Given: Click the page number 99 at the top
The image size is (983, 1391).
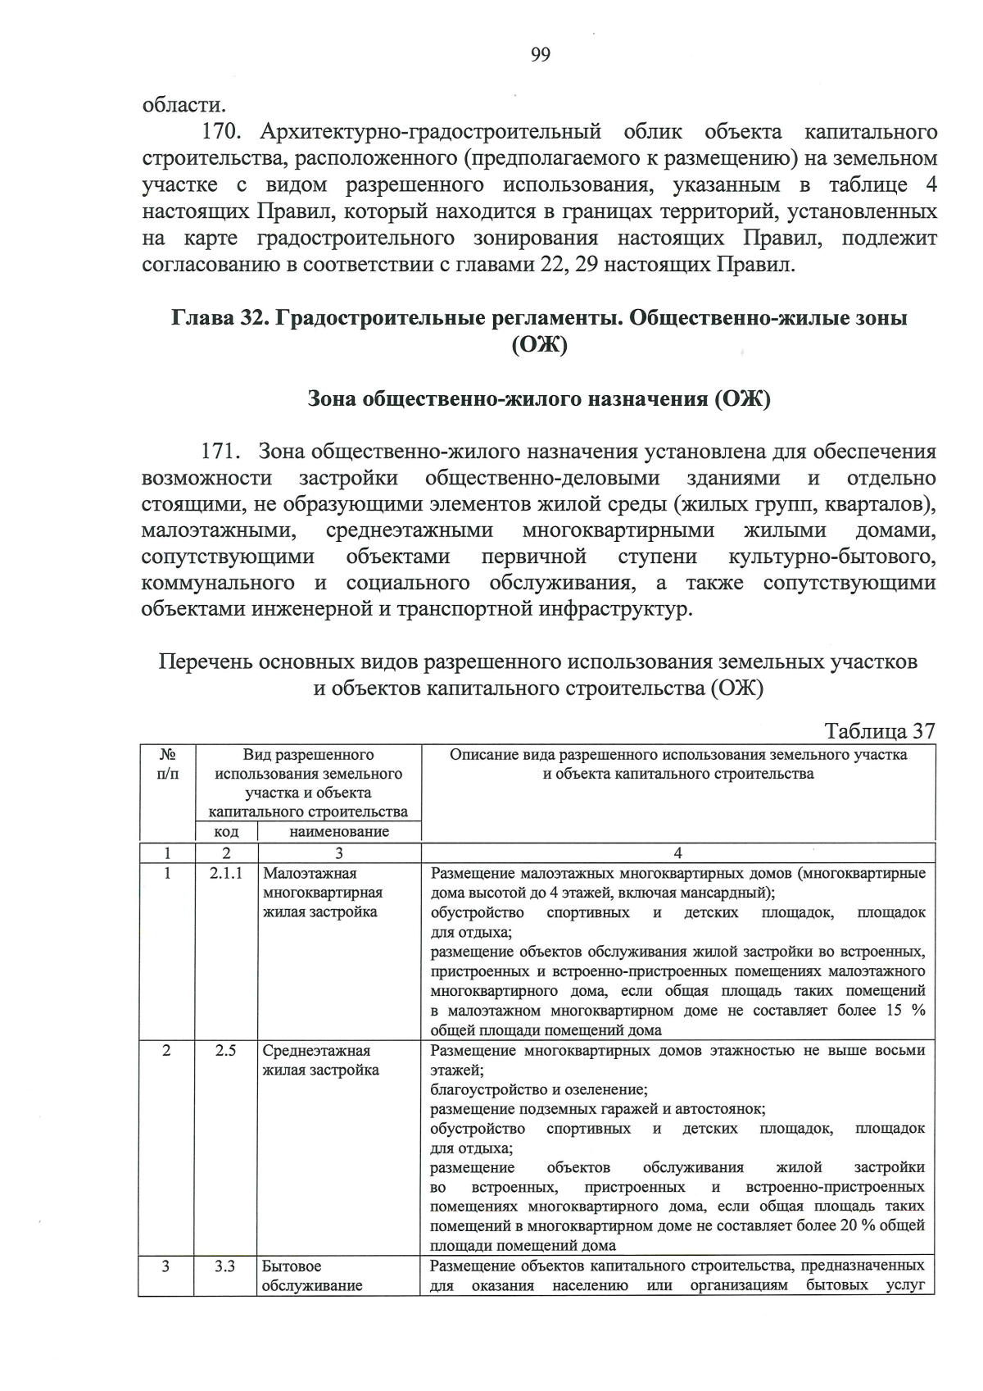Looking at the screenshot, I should pos(541,55).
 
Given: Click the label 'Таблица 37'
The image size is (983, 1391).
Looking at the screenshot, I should pos(880,730).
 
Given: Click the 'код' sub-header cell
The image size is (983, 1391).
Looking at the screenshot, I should pos(226,831).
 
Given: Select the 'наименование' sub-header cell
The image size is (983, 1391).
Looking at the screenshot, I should pos(339,831).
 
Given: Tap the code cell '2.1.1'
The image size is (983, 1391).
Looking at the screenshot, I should pos(226,873).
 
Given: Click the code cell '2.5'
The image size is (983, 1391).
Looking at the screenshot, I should pos(226,1050).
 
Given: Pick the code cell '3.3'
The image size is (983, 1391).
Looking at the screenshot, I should pos(226,1266).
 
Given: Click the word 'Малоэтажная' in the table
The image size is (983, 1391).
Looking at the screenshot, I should pos(310,873).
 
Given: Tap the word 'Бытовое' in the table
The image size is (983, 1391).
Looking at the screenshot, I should pos(292,1266).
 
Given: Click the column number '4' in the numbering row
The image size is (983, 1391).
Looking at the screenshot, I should pos(678,852).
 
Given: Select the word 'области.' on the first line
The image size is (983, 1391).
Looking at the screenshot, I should pos(184,105).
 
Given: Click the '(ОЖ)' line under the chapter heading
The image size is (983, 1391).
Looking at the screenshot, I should pos(540,346).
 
